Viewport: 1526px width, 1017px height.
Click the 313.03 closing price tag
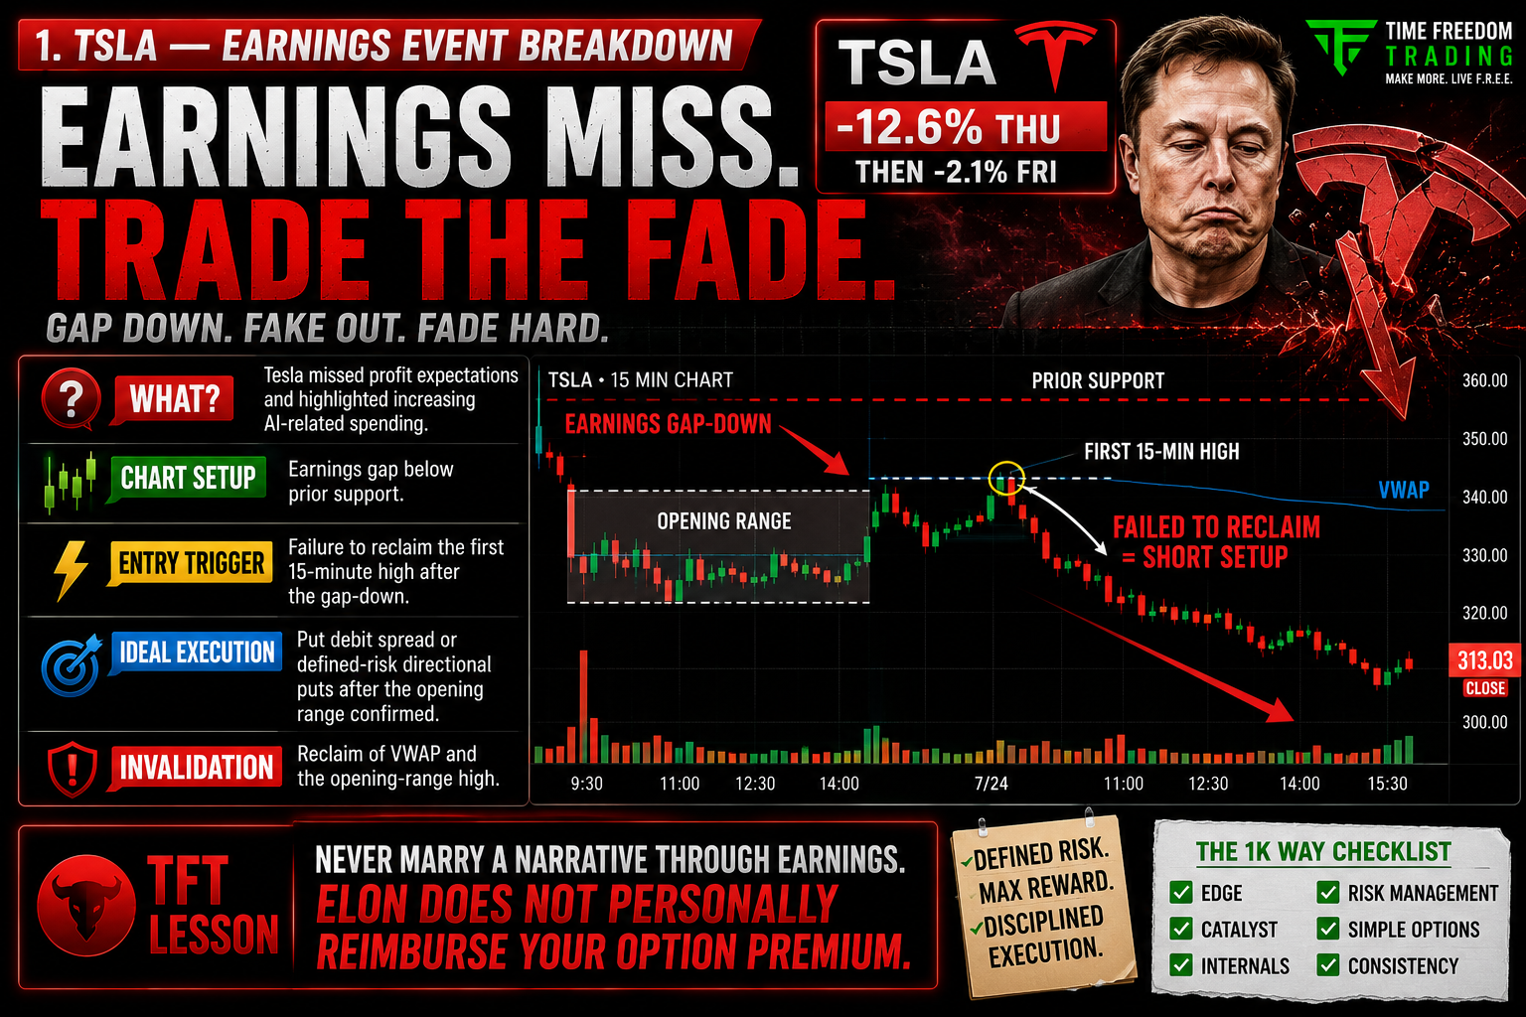(1484, 659)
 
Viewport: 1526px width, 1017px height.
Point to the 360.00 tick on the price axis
(1485, 380)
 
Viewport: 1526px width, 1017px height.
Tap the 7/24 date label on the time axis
(992, 784)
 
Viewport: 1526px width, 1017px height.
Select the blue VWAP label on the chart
(1404, 489)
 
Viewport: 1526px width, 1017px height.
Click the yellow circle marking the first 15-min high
(1006, 478)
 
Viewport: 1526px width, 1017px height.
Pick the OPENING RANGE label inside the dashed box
(723, 521)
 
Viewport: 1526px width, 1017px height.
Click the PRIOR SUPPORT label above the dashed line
(1098, 380)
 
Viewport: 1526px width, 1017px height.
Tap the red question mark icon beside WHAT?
(71, 398)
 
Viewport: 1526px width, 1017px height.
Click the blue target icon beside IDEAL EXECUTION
(71, 665)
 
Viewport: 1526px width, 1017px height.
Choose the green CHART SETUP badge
(188, 478)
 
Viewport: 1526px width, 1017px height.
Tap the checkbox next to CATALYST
(1180, 929)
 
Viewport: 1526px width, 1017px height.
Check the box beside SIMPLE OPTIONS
(1327, 929)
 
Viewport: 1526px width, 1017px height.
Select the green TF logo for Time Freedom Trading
(1339, 47)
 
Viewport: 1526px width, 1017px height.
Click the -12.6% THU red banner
(966, 127)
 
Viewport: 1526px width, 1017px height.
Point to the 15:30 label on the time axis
(1387, 784)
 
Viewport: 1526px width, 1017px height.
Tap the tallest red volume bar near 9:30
(584, 706)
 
